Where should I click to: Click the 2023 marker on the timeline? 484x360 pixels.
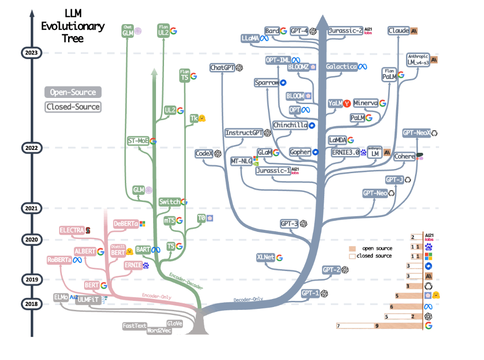(x=31, y=53)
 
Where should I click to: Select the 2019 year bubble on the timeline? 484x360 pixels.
(x=31, y=280)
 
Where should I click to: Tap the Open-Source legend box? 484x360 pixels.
(x=73, y=92)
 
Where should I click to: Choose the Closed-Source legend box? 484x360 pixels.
(x=73, y=106)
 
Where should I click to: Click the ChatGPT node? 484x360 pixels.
(x=223, y=68)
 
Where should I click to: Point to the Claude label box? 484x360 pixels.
(x=398, y=31)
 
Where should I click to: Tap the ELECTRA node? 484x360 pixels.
(x=71, y=230)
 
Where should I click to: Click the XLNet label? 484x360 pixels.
(x=266, y=258)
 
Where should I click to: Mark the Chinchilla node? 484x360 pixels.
(x=290, y=125)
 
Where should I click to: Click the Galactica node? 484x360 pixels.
(x=341, y=67)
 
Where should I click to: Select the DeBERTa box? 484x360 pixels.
(x=125, y=223)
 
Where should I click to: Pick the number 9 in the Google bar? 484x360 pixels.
(x=377, y=325)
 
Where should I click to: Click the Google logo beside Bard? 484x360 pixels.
(x=284, y=31)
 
